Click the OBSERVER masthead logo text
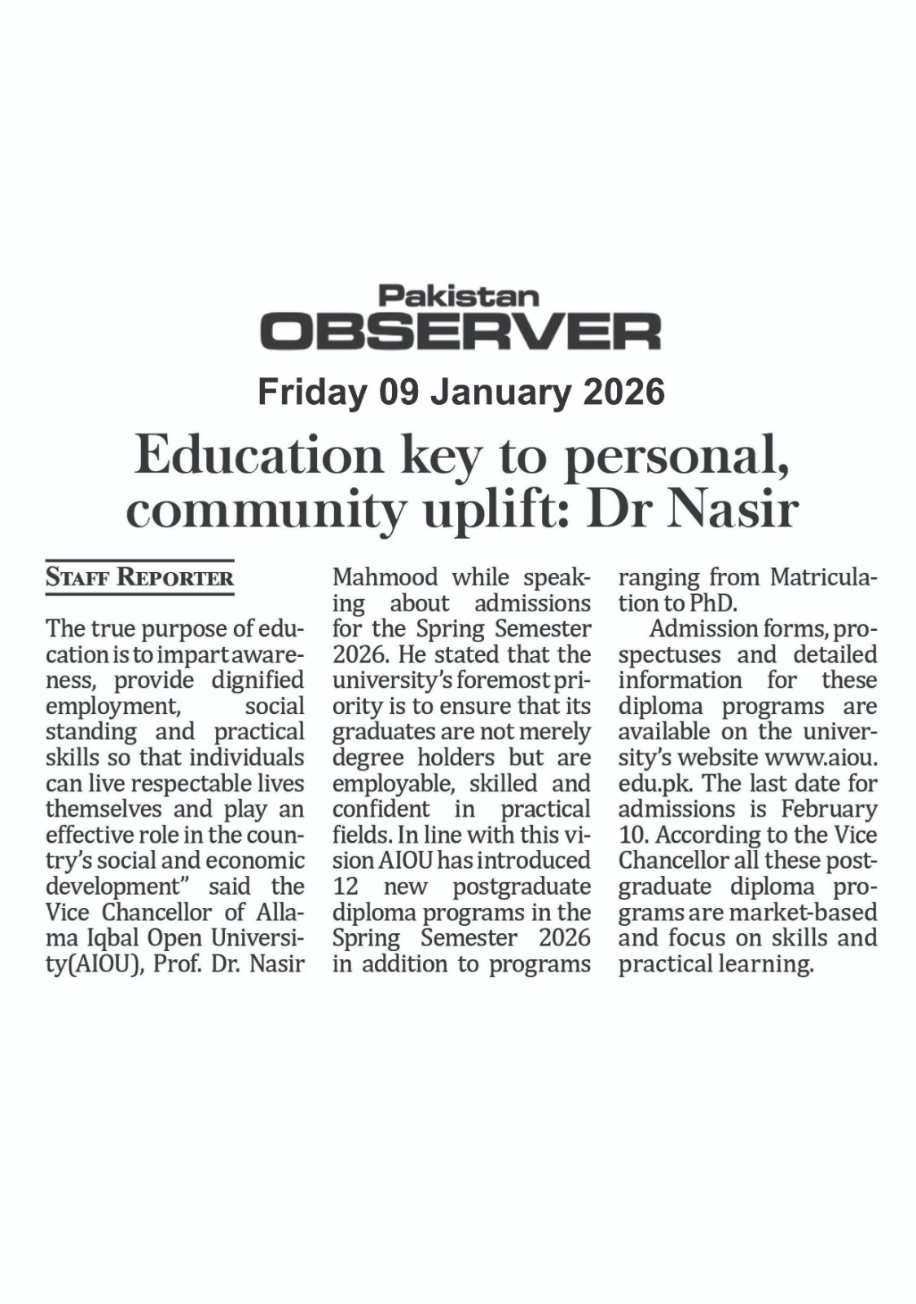460,331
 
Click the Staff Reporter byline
139,578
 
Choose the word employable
394,783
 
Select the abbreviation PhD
712,603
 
